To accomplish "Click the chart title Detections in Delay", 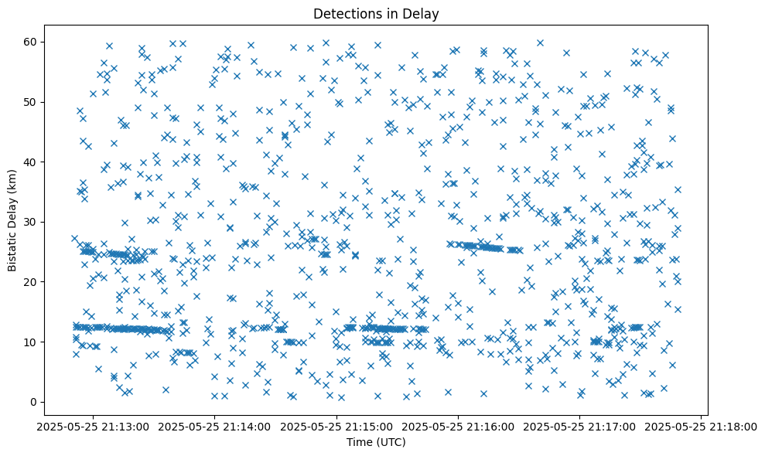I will pyautogui.click(x=375, y=13).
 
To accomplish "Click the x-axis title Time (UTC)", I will pyautogui.click(x=375, y=443).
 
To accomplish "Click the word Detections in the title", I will pyautogui.click(x=343, y=13).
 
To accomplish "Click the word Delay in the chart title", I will pyautogui.click(x=422, y=13).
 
